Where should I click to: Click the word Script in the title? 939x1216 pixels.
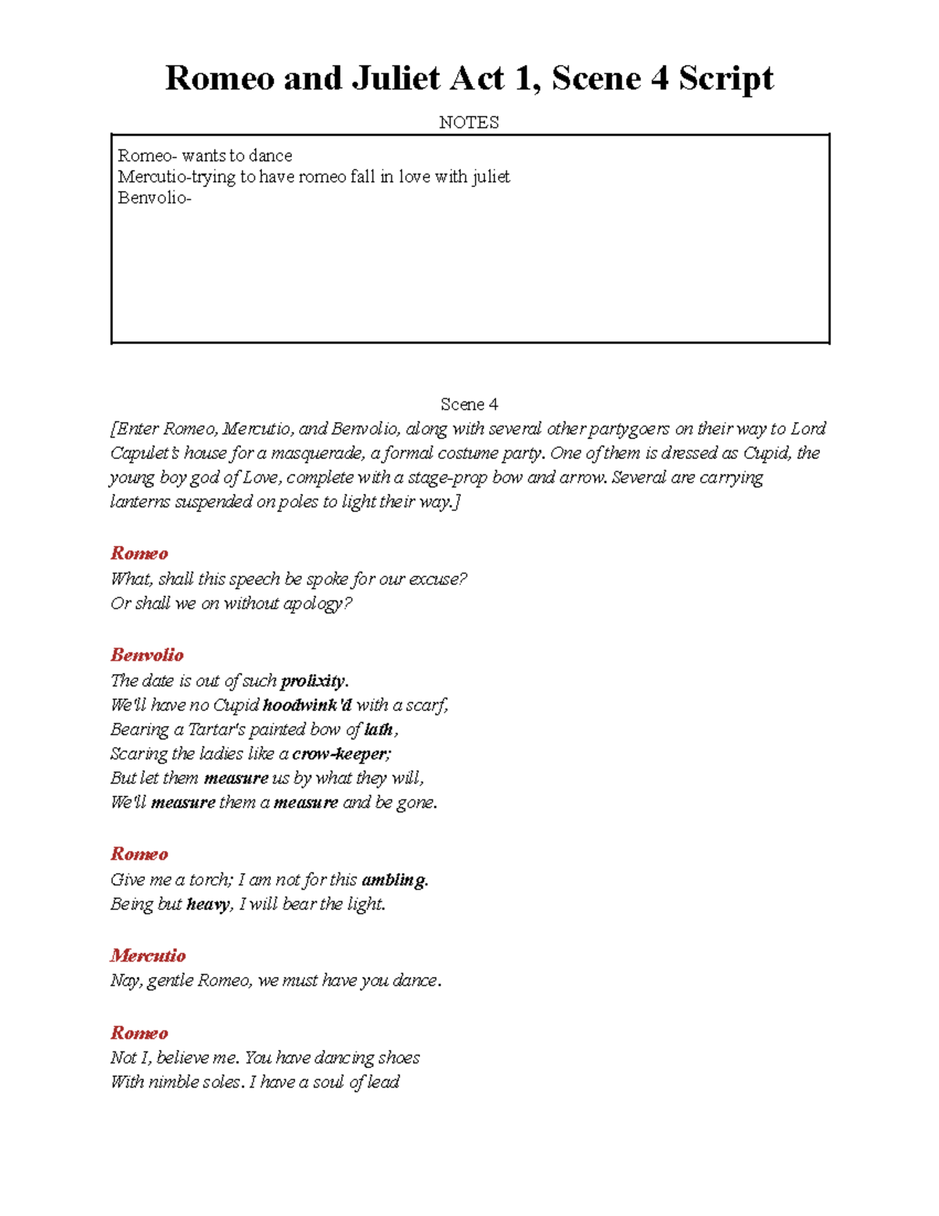coord(725,78)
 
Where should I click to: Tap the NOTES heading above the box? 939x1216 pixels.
coord(469,122)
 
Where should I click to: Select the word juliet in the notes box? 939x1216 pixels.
coord(491,177)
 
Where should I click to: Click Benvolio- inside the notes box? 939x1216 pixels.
coord(154,198)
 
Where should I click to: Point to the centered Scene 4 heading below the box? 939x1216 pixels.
coord(469,404)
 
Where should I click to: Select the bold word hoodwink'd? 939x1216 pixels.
coord(307,705)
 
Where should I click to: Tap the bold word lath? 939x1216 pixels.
coord(379,729)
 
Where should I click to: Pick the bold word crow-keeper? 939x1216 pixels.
coord(340,753)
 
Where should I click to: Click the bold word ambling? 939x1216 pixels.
coord(394,879)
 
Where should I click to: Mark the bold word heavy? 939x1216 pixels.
coord(208,904)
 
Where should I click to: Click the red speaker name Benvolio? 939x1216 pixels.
coord(147,655)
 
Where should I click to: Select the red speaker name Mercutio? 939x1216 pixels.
coord(148,955)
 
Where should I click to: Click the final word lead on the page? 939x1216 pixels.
coord(383,1081)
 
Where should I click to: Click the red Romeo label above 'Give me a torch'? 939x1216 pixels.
coord(139,853)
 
